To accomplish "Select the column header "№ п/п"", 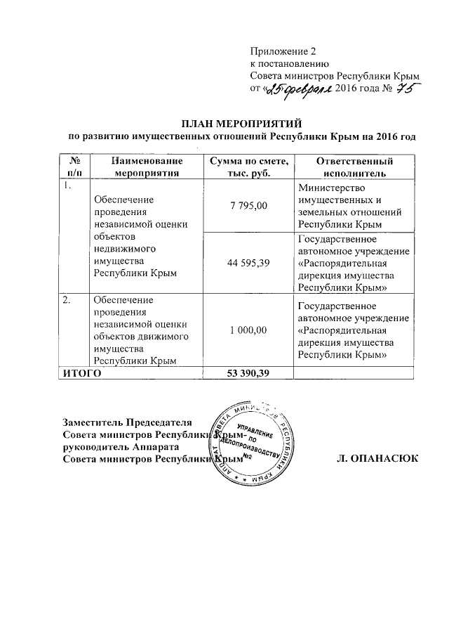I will click(69, 167).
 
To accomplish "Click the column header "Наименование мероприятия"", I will click(142, 167).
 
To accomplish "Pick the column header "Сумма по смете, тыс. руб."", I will click(246, 167).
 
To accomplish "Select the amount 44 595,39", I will click(246, 261).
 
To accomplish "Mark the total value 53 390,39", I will click(246, 372).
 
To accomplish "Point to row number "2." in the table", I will click(66, 300).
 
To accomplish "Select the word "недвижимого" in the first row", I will click(124, 249).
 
